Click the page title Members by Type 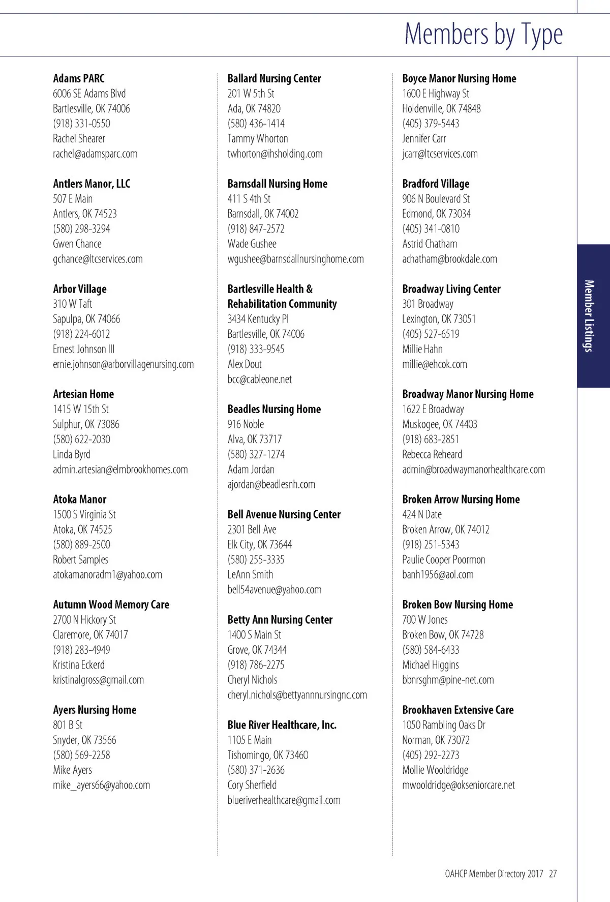(x=483, y=34)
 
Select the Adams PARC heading (x=79, y=78)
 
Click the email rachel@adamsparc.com (x=95, y=154)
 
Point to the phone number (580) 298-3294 (x=81, y=229)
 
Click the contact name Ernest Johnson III (x=83, y=349)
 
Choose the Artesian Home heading (x=83, y=394)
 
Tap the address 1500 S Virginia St (x=84, y=514)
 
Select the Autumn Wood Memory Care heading (x=111, y=604)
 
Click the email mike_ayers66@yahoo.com (x=102, y=785)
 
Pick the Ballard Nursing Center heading (x=274, y=78)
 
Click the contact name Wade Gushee (x=252, y=244)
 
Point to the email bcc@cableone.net (x=260, y=379)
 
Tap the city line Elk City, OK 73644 (x=260, y=544)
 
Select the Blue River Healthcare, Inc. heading (x=282, y=725)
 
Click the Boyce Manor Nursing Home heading (x=459, y=78)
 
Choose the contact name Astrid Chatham (x=430, y=244)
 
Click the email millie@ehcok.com (x=435, y=364)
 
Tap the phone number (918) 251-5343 (x=431, y=544)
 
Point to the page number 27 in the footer (x=553, y=874)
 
